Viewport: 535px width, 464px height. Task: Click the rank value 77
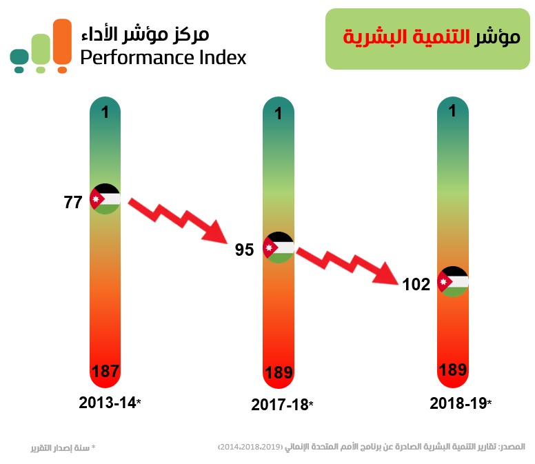click(x=73, y=203)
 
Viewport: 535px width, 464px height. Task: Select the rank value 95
click(x=245, y=250)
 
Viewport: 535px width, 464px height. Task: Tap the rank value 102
click(x=417, y=284)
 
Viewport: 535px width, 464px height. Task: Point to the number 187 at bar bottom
click(x=105, y=372)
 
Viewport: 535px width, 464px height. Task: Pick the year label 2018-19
click(x=457, y=403)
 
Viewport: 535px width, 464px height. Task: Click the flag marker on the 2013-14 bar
click(x=105, y=199)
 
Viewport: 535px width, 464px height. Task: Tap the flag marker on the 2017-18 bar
click(x=279, y=247)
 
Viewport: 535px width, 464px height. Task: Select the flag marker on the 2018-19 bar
click(x=454, y=281)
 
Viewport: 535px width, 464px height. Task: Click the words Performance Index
click(x=163, y=57)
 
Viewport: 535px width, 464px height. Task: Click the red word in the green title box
click(x=376, y=37)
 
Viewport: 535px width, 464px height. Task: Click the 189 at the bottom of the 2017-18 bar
click(x=279, y=373)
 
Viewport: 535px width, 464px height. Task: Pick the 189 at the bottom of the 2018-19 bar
click(x=453, y=370)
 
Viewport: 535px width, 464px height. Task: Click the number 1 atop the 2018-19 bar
click(x=453, y=110)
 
